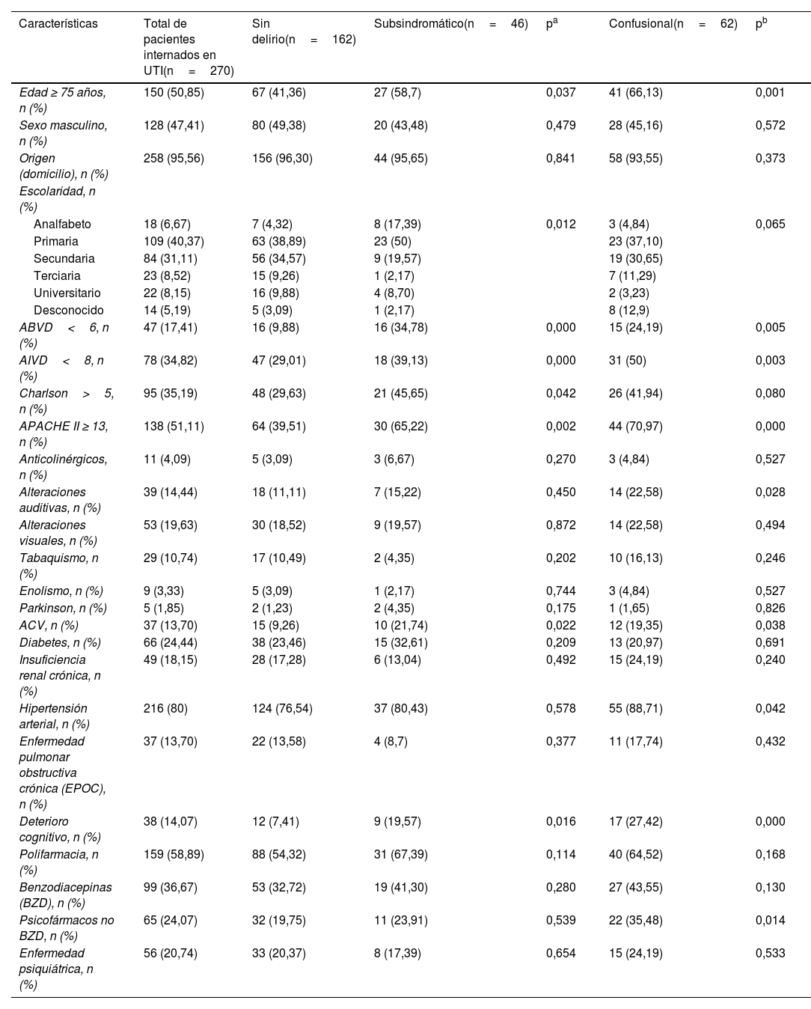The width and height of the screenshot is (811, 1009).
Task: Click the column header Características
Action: (x=58, y=24)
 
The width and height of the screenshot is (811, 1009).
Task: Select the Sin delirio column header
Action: (x=303, y=31)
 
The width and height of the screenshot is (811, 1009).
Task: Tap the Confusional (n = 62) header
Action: (x=673, y=24)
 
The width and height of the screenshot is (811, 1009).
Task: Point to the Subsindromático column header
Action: (x=450, y=24)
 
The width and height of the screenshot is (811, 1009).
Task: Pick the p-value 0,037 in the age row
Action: (x=560, y=93)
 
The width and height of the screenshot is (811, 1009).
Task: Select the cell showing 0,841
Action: (x=560, y=158)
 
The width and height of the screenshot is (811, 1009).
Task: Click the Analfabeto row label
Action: (x=62, y=224)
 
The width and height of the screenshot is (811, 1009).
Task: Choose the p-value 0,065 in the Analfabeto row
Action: (x=770, y=224)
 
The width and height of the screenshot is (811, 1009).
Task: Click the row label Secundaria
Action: (x=64, y=258)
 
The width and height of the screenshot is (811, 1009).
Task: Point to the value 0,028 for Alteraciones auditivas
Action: (x=770, y=492)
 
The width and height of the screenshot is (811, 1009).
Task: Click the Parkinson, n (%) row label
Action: (x=63, y=608)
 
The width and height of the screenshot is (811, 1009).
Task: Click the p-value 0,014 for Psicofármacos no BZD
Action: (x=770, y=920)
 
